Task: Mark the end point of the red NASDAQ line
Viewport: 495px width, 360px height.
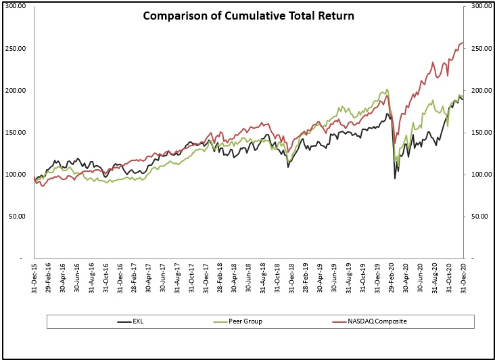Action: [x=463, y=43]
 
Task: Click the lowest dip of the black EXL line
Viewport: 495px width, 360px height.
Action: [x=395, y=179]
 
